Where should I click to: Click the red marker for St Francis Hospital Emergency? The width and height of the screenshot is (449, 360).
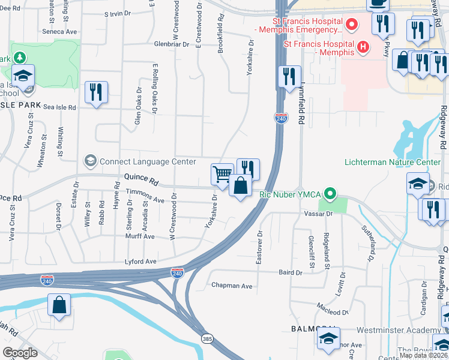(x=352, y=25)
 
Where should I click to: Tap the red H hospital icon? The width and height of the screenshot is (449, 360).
(x=362, y=47)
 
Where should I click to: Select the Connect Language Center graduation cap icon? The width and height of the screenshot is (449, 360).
(x=90, y=161)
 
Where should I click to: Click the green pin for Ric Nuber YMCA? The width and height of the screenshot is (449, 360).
(x=329, y=194)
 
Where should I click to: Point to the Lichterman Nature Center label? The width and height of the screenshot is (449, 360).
(x=393, y=163)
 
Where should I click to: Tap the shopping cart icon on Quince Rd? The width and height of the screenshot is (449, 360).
(x=222, y=174)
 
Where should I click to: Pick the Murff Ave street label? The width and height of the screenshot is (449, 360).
(x=140, y=236)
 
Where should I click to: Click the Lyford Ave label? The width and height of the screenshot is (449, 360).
(x=140, y=262)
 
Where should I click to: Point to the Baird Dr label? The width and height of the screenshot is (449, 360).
(x=291, y=272)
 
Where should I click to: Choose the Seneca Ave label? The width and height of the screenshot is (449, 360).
(x=60, y=31)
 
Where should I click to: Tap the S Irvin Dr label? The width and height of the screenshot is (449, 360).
(x=118, y=13)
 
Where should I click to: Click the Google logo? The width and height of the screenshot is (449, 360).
(x=20, y=352)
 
